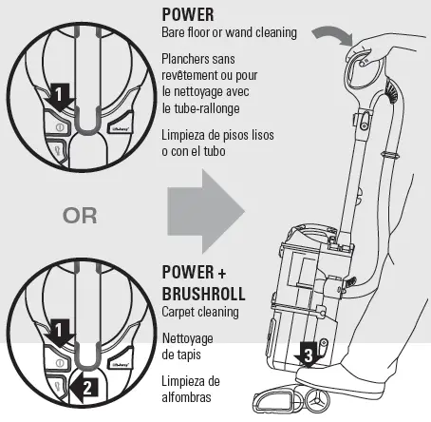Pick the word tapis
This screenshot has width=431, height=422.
182,354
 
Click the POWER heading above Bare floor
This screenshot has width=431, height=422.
188,15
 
